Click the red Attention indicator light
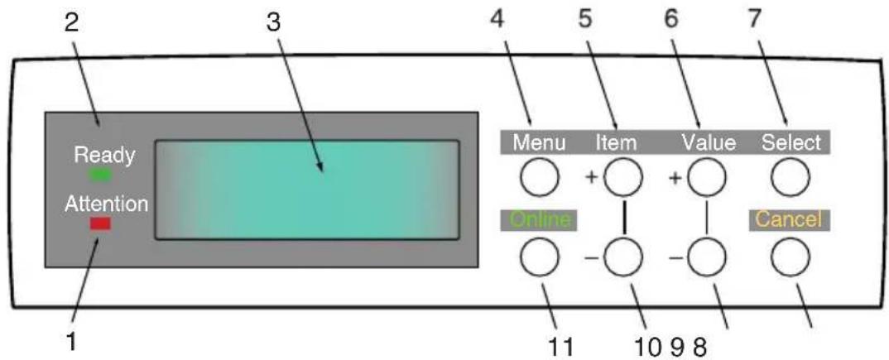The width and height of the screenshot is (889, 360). pos(100,224)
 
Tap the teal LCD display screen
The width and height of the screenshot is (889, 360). pos(307,190)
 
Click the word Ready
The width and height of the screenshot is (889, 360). pos(105,156)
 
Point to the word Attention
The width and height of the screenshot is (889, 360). pos(107,204)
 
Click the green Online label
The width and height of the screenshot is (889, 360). pos(538,220)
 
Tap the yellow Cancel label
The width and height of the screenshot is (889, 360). pos(790,220)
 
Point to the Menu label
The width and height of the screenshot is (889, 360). pos(539,143)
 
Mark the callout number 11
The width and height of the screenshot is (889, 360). pos(560,345)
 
